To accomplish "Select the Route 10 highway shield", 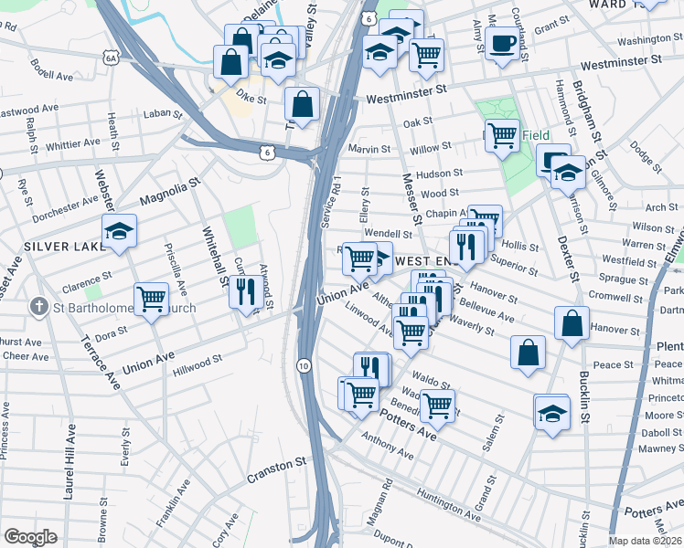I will [x=303, y=365].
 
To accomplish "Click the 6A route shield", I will [x=112, y=58].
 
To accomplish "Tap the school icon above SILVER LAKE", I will [x=119, y=232].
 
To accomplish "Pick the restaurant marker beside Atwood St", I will [x=245, y=291].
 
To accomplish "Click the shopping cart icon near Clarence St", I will [x=151, y=298].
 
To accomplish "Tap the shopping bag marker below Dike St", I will [x=302, y=103].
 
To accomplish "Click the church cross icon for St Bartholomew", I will [x=38, y=307].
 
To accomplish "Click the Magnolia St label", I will [x=169, y=194].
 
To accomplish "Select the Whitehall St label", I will [x=212, y=257].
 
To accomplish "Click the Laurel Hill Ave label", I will [x=69, y=466].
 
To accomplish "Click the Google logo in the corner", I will [x=30, y=537].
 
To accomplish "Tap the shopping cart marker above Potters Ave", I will [x=437, y=403].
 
